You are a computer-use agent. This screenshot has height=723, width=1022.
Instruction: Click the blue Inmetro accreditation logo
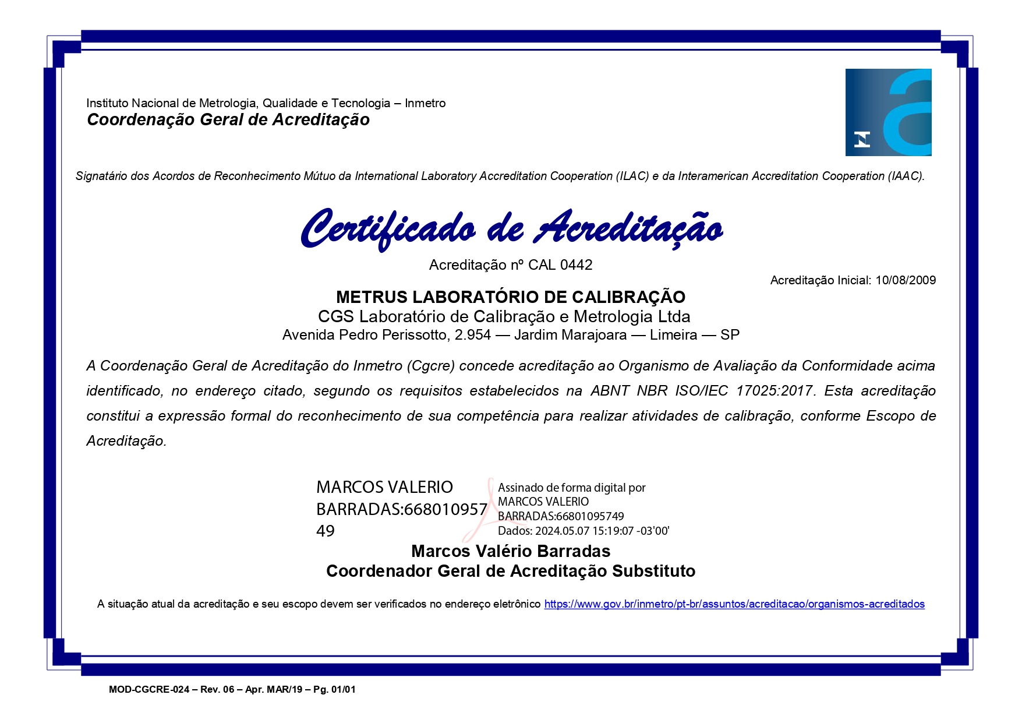tap(888, 112)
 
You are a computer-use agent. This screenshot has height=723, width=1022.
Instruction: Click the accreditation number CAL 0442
tap(560, 265)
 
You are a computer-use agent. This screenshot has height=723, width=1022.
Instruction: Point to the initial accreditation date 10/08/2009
tap(906, 280)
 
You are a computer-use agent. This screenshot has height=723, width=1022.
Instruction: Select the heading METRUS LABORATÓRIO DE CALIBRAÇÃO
tap(511, 297)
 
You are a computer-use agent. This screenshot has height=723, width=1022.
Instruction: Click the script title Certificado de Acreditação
tap(511, 228)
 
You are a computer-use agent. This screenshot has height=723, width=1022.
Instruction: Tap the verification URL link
tap(734, 604)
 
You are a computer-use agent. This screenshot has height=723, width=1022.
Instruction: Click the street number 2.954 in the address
tap(472, 335)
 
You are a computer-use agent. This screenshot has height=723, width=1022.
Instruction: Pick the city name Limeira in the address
tap(673, 335)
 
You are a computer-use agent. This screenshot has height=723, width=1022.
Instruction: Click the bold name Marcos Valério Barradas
tap(511, 551)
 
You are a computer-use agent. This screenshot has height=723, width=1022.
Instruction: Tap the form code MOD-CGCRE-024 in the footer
tap(149, 690)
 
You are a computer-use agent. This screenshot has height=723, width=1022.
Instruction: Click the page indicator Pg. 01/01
tap(334, 690)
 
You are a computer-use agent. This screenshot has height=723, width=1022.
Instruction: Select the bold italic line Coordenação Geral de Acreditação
tap(228, 120)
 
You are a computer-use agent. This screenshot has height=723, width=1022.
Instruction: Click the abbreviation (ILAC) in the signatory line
tap(632, 176)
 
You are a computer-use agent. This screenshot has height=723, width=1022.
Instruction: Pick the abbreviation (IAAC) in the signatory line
tap(906, 176)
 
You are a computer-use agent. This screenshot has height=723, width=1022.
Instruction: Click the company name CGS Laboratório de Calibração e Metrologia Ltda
tap(504, 316)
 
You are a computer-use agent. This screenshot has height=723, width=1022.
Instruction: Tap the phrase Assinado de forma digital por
tap(571, 488)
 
